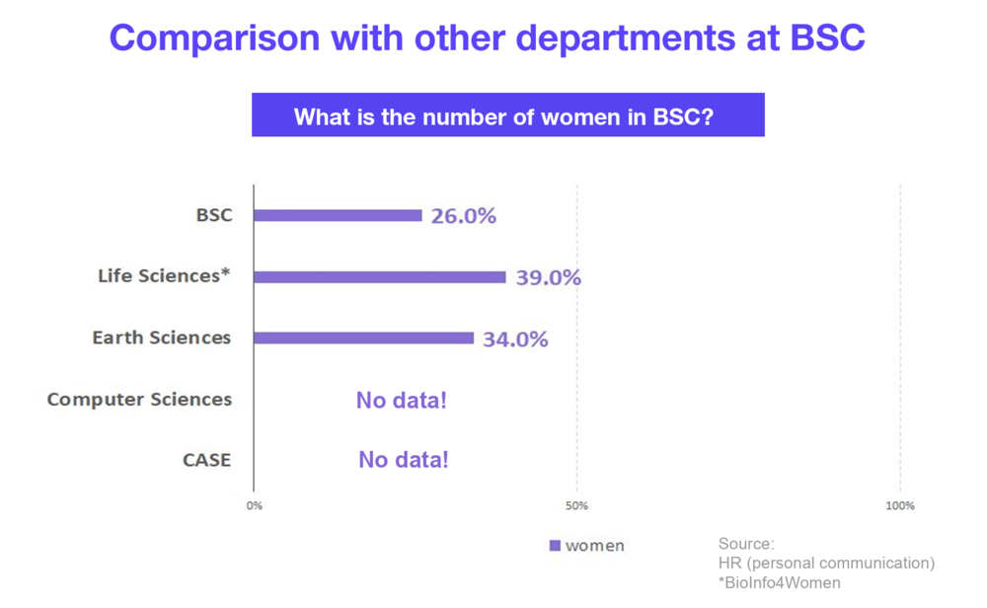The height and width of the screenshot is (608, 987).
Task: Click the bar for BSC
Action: pyautogui.click(x=338, y=215)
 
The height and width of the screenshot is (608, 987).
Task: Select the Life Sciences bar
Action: pyautogui.click(x=380, y=277)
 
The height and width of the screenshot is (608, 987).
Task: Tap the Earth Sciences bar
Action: pyautogui.click(x=363, y=338)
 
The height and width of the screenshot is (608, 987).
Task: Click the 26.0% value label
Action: pyautogui.click(x=463, y=216)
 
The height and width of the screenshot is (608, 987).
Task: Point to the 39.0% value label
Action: pyautogui.click(x=548, y=277)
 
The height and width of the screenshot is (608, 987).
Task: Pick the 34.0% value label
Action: pyautogui.click(x=515, y=340)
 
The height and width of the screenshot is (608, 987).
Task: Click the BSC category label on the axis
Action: pyautogui.click(x=214, y=214)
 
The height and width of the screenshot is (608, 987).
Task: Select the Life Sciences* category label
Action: pyautogui.click(x=164, y=276)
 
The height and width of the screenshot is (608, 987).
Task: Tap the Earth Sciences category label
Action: pyautogui.click(x=162, y=338)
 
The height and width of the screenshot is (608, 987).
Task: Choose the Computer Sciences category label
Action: pyautogui.click(x=139, y=400)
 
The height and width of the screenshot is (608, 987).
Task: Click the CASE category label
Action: pyautogui.click(x=206, y=460)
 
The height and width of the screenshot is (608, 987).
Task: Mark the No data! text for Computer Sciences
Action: pyautogui.click(x=402, y=401)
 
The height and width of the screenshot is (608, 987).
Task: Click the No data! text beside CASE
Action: pyautogui.click(x=403, y=460)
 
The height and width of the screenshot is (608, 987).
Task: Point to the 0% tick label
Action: pyautogui.click(x=255, y=506)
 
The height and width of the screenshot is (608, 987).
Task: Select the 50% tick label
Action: pyautogui.click(x=577, y=506)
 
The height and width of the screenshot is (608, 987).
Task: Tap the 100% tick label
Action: pyautogui.click(x=900, y=506)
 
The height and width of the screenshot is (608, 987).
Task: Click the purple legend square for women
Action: pyautogui.click(x=555, y=546)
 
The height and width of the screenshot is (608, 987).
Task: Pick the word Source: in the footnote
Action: pyautogui.click(x=746, y=544)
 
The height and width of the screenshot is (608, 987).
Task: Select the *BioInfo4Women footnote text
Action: pyautogui.click(x=779, y=582)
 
